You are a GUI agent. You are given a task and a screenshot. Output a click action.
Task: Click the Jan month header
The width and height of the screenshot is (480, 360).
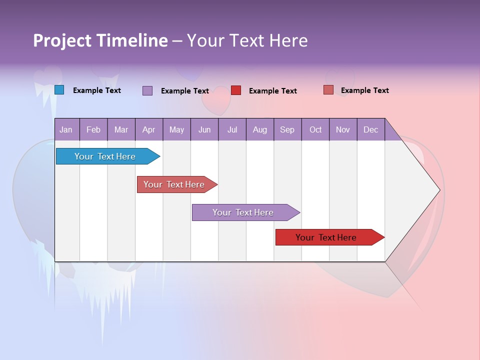coord(66,129)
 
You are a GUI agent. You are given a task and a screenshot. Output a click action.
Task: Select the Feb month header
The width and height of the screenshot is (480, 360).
coord(93,129)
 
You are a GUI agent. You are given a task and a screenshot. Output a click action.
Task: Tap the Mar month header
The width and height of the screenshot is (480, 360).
coord(121,129)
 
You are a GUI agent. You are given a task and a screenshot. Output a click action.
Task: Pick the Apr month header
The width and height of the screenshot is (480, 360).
coord(148,129)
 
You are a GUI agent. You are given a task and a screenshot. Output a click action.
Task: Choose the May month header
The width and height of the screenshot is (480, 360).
coord(176,129)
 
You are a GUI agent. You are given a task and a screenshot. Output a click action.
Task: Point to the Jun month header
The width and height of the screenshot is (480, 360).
coord(204,129)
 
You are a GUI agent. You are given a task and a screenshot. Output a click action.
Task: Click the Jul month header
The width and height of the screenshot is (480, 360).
coord(232,129)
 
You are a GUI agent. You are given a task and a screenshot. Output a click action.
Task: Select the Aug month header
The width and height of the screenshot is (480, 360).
coord(260,129)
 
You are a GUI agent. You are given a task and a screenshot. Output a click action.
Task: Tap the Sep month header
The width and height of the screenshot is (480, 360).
coord(287,129)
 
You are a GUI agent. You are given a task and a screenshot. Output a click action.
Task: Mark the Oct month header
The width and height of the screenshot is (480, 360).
coord(315,129)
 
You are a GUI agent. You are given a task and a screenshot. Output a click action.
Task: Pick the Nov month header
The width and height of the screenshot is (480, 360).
coord(343,129)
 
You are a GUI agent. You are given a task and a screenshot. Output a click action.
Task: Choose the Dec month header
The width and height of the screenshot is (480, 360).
coord(371,129)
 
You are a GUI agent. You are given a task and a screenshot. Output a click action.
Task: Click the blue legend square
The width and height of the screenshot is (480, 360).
coord(59,90)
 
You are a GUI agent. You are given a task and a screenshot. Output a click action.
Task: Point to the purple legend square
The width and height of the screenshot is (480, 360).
coord(147,90)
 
